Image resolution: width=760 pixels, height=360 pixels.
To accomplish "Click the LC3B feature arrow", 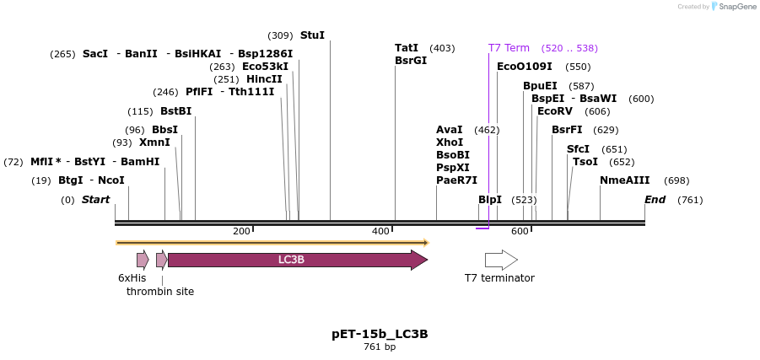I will click(291, 260).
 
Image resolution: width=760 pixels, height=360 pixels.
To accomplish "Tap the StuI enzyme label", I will click(312, 35).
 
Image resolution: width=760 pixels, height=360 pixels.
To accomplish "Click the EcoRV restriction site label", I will click(555, 111).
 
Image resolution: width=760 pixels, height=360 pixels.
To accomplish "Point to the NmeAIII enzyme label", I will click(625, 180).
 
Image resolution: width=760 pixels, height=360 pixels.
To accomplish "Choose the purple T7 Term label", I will click(509, 48).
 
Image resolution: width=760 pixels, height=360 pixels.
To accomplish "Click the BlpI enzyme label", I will click(490, 200).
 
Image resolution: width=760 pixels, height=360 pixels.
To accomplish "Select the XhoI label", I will click(450, 142).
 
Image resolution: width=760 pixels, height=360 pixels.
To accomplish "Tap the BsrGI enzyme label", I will click(411, 61).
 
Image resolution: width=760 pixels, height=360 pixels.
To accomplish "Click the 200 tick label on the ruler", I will click(241, 231).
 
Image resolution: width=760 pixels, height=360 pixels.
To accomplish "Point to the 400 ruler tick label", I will click(380, 231).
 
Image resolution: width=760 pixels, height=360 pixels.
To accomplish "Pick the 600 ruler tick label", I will click(520, 231).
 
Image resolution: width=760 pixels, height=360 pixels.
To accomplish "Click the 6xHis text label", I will click(132, 277).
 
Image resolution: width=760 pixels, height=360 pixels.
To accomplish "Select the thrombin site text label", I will click(160, 292).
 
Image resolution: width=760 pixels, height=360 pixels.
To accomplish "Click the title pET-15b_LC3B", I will click(380, 334).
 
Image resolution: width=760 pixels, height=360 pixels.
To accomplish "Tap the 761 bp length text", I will click(380, 347).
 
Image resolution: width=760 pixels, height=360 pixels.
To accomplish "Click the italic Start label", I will click(95, 200).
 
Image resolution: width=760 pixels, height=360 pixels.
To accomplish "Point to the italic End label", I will click(655, 200).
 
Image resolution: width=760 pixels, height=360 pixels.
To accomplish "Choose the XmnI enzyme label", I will click(154, 142).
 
